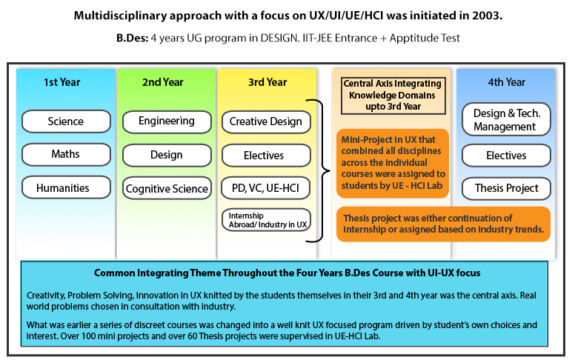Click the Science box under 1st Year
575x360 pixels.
(x=66, y=121)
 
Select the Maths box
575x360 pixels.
(x=66, y=154)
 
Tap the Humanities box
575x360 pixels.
(x=66, y=187)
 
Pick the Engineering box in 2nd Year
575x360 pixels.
(x=167, y=121)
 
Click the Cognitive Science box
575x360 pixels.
(x=167, y=188)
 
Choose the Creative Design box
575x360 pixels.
(x=266, y=121)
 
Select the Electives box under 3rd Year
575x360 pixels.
(x=266, y=156)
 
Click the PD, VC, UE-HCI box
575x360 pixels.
(x=266, y=188)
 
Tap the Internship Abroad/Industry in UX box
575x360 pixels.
(x=266, y=220)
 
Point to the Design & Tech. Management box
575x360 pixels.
(x=506, y=119)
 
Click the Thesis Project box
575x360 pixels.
(x=506, y=188)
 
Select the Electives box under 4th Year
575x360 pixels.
(x=506, y=156)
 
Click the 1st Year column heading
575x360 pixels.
(x=62, y=82)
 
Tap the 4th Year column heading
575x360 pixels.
(x=506, y=82)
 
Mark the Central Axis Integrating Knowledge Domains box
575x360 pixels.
(x=393, y=96)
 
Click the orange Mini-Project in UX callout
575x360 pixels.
(x=393, y=163)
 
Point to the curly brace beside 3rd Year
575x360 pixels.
(x=322, y=171)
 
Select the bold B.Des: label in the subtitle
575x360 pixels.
(x=133, y=38)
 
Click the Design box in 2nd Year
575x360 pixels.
(x=167, y=155)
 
